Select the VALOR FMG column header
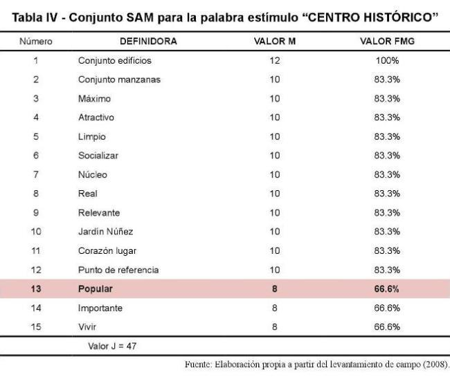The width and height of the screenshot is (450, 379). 387,41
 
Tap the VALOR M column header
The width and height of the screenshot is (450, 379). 275,41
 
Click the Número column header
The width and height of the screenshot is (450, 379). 36,41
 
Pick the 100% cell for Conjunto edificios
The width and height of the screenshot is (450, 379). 387,61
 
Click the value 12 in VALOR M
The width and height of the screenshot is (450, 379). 275,61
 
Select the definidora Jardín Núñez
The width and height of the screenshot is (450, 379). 105,232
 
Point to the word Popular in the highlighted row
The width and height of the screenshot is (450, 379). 96,289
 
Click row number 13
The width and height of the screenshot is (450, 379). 36,289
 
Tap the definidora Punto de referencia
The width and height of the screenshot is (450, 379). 118,270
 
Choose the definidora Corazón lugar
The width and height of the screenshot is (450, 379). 107,251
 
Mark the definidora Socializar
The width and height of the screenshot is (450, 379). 98,156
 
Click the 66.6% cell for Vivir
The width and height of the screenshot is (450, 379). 387,327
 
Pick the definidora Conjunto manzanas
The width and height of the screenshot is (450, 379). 119,80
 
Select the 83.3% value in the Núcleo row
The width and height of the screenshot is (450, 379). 387,175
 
